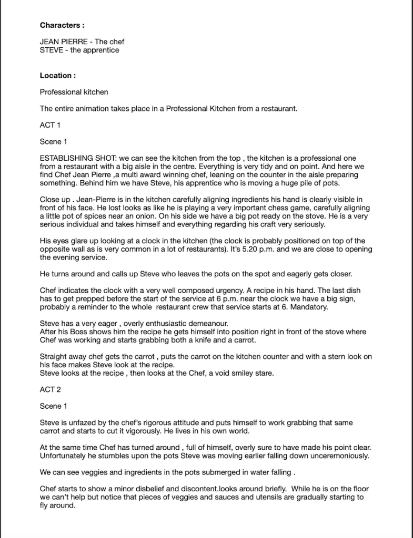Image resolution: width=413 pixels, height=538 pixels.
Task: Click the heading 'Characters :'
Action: point(62,25)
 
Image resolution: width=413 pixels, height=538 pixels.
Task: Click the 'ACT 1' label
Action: point(51,125)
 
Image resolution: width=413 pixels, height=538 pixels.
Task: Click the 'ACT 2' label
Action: point(51,390)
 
